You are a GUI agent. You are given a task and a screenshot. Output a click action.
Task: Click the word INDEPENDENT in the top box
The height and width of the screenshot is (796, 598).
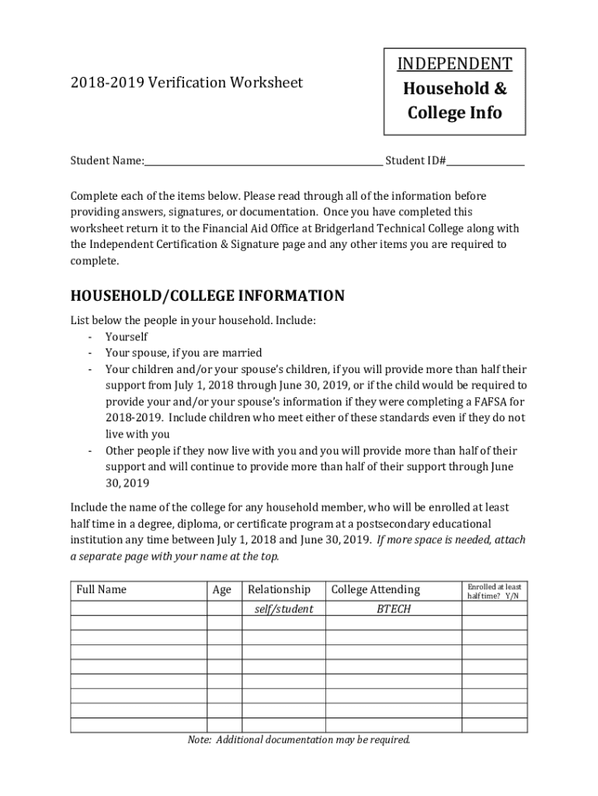(x=455, y=64)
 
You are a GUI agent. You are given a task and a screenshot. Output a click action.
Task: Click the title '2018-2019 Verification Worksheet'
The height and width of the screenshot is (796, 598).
(x=186, y=82)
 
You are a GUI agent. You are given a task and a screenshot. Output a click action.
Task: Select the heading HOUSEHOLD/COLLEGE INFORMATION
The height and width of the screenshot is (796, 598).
(x=207, y=296)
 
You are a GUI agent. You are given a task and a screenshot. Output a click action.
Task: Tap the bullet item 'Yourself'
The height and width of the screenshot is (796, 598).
(x=127, y=337)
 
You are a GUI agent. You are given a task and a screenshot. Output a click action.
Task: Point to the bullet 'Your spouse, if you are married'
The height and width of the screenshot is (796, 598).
(x=184, y=352)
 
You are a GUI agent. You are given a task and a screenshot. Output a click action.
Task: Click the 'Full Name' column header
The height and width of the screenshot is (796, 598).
(x=102, y=589)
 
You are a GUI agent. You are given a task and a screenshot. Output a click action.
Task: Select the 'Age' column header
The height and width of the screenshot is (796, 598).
(x=222, y=590)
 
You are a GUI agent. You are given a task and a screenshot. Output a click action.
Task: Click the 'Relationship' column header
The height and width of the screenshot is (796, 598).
(x=279, y=589)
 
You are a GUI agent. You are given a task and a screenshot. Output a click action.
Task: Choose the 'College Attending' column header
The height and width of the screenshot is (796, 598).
(x=375, y=589)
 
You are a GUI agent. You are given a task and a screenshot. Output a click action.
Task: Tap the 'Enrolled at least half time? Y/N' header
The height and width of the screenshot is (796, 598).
(x=494, y=591)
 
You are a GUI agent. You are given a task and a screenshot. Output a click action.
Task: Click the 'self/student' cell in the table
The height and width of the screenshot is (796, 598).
(x=283, y=609)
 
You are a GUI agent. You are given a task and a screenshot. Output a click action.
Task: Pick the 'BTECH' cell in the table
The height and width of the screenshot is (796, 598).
(x=393, y=609)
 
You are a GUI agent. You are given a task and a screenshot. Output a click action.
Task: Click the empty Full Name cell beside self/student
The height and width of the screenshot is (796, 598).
(x=138, y=609)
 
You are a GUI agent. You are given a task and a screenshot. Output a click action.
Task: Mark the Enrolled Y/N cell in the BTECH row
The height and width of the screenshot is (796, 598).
(x=495, y=609)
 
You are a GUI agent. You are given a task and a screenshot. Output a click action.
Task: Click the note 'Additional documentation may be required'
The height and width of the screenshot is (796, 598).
(x=299, y=739)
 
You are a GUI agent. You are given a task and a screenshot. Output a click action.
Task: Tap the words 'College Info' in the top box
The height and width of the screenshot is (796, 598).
(x=455, y=113)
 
